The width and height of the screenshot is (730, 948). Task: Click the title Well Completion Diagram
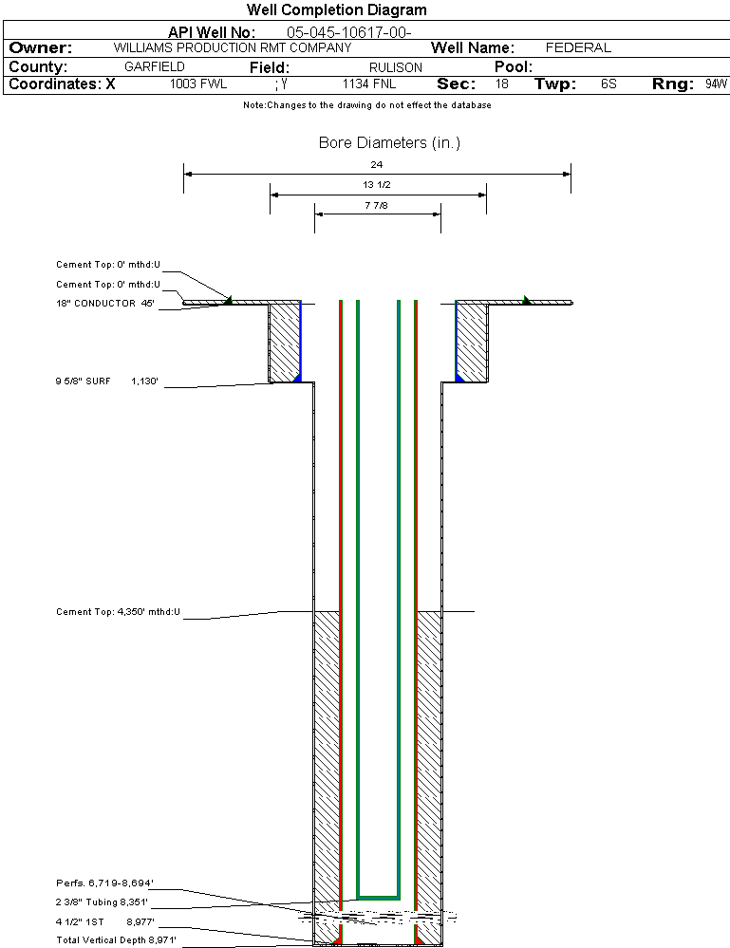click(x=336, y=10)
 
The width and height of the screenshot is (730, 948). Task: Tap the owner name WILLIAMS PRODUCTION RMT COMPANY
click(x=232, y=47)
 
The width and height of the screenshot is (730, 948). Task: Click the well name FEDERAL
click(x=578, y=47)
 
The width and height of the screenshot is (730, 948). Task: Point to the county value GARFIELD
click(x=155, y=67)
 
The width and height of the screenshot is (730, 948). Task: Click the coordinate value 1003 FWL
click(x=198, y=84)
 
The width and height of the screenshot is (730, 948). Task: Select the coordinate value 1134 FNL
click(x=368, y=84)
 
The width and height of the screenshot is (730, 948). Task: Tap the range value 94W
click(x=716, y=84)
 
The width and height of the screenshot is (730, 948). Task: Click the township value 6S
click(x=608, y=84)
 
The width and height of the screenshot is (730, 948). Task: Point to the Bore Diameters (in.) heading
click(x=389, y=143)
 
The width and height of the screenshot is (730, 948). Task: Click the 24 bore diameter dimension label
click(x=377, y=165)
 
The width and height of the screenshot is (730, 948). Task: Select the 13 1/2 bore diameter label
click(x=377, y=185)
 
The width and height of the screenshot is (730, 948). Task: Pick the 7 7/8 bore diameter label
click(x=377, y=204)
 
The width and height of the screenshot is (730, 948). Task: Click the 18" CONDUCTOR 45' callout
click(x=104, y=304)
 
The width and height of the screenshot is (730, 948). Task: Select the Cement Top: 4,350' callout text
click(x=118, y=612)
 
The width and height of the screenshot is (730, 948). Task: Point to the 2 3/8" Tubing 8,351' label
click(x=102, y=902)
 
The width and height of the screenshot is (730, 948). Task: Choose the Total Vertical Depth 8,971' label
click(x=117, y=939)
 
